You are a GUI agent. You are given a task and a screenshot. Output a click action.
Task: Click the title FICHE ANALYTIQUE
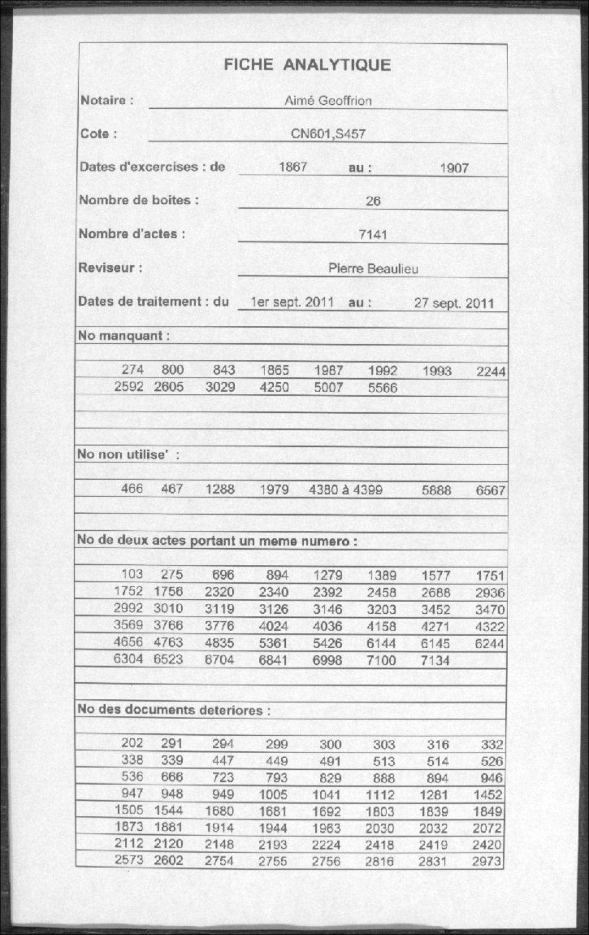pos(307,64)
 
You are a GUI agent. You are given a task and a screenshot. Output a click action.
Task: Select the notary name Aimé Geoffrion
pos(328,101)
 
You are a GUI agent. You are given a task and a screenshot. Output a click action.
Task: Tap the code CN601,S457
pos(328,134)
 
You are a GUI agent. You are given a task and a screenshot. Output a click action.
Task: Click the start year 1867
pos(293,167)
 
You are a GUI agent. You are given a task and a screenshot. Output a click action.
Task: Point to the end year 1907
pos(454,169)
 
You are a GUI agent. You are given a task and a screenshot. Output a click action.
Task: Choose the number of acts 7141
pos(373,235)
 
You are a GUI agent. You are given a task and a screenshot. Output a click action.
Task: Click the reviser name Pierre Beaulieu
pos(373,269)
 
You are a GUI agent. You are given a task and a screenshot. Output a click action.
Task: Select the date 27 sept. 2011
pos(454,303)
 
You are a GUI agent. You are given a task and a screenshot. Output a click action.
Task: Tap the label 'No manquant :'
pos(124,336)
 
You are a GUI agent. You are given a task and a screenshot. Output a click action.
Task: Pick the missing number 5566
pos(383,388)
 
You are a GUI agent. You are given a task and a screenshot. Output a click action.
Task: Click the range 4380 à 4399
pos(345,490)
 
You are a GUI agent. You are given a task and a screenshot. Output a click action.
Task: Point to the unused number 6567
pos(490,491)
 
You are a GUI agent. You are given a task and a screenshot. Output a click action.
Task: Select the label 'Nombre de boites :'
pos(139,200)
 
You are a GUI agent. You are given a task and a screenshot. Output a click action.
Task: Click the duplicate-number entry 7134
pos(435,660)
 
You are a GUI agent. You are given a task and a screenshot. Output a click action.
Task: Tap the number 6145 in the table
pos(435,644)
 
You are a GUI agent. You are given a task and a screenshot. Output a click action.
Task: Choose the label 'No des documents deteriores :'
pos(174,710)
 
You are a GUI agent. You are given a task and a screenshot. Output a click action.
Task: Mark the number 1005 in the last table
pos(273,795)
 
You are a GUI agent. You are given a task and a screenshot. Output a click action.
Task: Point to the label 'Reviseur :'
pos(110,268)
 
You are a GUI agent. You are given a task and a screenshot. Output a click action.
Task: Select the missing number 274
pos(132,370)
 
